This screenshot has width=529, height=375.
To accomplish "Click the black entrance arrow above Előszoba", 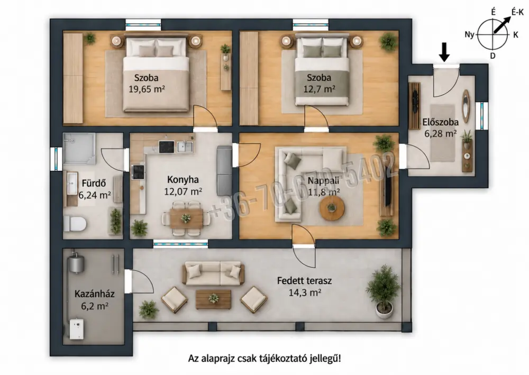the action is [445, 52].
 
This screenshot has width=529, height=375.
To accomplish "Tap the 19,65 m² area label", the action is [147, 89].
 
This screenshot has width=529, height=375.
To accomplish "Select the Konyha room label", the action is [183, 180].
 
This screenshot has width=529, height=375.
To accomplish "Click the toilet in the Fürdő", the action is [75, 223].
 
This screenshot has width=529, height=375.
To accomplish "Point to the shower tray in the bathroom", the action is [79, 149].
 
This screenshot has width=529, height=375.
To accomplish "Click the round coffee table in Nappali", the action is [332, 208].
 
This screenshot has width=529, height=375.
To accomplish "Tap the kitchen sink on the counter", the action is [185, 147].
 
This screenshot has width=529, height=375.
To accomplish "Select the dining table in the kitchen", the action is [186, 218].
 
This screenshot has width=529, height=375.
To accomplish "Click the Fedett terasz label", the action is [304, 280].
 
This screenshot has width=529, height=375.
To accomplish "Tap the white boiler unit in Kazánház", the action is [77, 328].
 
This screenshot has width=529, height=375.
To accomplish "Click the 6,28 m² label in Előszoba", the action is [441, 133].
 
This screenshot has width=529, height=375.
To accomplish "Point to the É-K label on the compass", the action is [517, 13].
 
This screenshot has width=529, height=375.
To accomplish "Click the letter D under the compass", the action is [493, 56].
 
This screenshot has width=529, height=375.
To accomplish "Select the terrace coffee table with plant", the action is [214, 299].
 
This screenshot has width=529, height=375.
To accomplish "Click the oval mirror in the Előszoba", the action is [466, 106].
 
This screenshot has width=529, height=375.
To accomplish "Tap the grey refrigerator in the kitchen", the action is [224, 171].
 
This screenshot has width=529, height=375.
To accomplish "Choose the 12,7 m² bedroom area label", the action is [319, 89].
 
